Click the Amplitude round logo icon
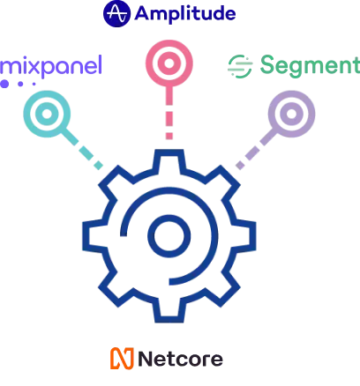(x=116, y=13)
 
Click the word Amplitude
(x=185, y=13)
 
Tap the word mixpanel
(x=51, y=66)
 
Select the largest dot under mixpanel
(x=4, y=84)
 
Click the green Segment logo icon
(x=240, y=66)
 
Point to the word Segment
(x=310, y=66)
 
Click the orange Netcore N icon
(x=122, y=359)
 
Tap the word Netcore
(x=180, y=359)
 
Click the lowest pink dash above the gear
(x=169, y=136)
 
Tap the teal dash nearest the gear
(x=98, y=166)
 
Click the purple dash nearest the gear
(x=240, y=166)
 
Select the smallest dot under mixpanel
(x=34, y=84)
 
